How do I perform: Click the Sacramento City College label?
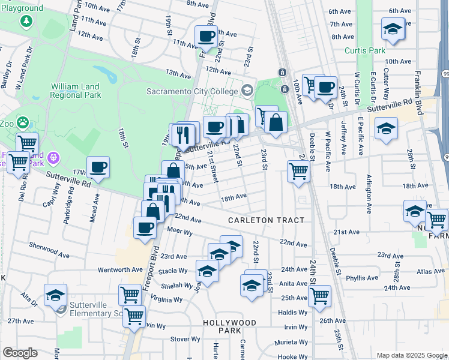click(x=193, y=91)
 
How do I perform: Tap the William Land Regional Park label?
click(x=75, y=91)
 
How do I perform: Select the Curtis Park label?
click(x=365, y=51)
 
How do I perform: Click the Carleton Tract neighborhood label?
click(x=266, y=221)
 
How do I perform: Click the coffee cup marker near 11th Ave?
click(x=206, y=36)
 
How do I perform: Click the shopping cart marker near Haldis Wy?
click(x=319, y=295)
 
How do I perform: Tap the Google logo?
click(x=20, y=352)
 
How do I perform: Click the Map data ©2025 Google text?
click(x=411, y=355)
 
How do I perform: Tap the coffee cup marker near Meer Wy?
click(x=145, y=227)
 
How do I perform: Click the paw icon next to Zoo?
click(x=22, y=122)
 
